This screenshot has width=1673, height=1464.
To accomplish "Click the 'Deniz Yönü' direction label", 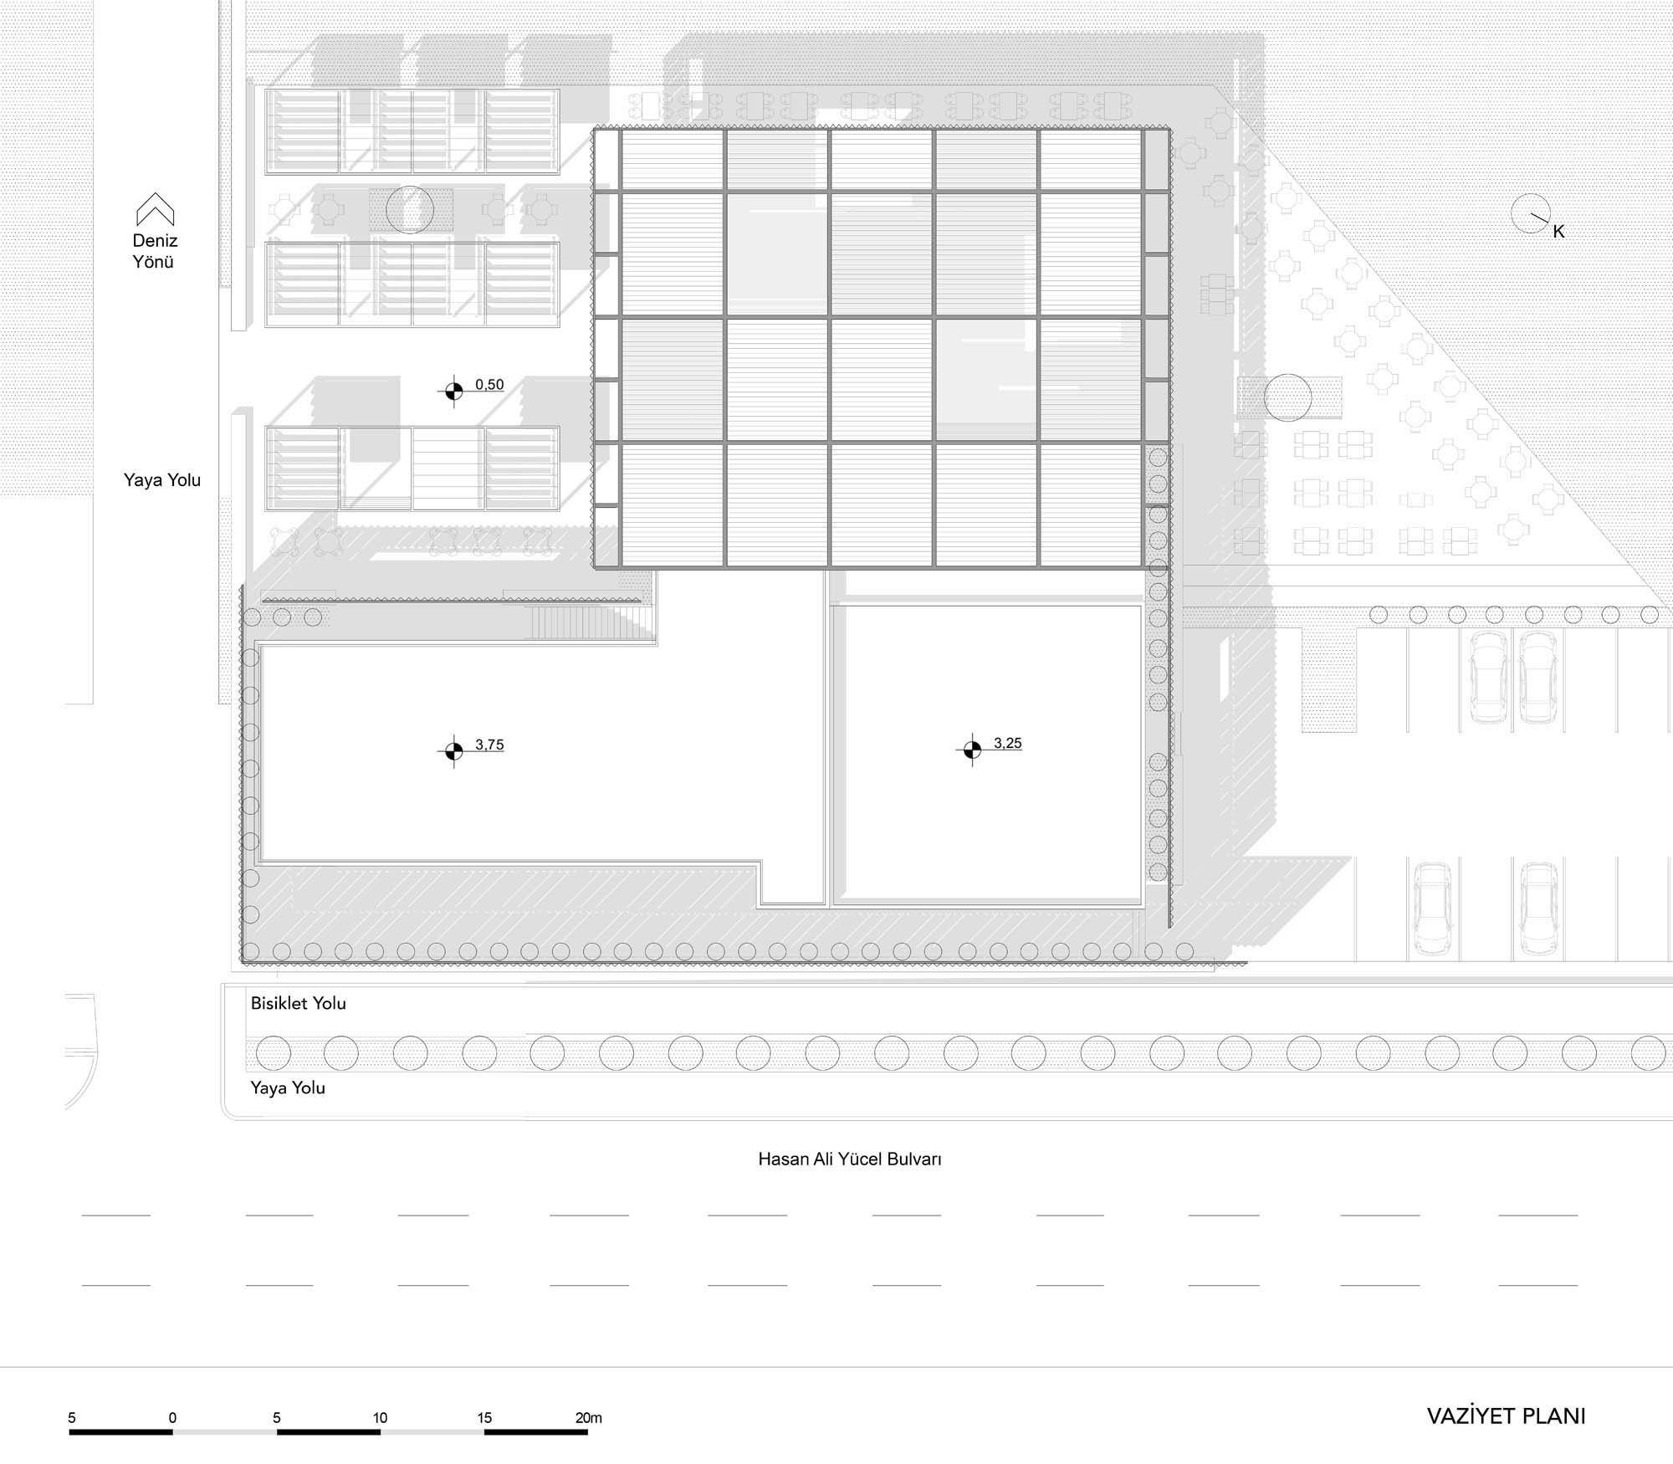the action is pos(155,251).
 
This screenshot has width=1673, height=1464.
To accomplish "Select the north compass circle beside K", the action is pos(1531,214).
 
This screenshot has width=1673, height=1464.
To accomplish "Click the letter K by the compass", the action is pos(1558,233).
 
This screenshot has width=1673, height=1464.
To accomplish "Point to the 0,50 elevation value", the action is pos(489,385).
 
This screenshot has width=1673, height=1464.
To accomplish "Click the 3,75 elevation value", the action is pos(489,745).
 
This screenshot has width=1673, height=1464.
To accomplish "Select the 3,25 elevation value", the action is pos(1008,743).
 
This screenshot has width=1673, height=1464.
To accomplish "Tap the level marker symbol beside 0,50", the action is pos(453,391).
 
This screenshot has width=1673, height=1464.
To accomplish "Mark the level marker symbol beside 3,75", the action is pos(453,751).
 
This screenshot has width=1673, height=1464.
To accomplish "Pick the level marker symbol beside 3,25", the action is pos(971,750).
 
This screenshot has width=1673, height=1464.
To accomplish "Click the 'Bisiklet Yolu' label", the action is pos(299,1003).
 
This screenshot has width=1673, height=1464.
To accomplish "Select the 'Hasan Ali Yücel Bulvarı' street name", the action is pos(850,1159).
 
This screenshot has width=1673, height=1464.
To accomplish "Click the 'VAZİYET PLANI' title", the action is pos(1506,1416).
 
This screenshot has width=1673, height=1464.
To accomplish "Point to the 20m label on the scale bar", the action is pos(589,1418).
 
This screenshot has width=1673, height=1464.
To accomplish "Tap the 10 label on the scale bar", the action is pos(381,1418).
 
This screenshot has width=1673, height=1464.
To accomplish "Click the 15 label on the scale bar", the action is pos(484,1418).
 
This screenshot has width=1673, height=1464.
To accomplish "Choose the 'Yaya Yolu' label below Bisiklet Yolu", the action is pos(288,1088).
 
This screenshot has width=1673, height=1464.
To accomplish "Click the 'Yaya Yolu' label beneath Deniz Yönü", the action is pos(162,480).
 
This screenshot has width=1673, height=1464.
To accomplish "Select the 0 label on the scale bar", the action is pos(173,1418).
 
